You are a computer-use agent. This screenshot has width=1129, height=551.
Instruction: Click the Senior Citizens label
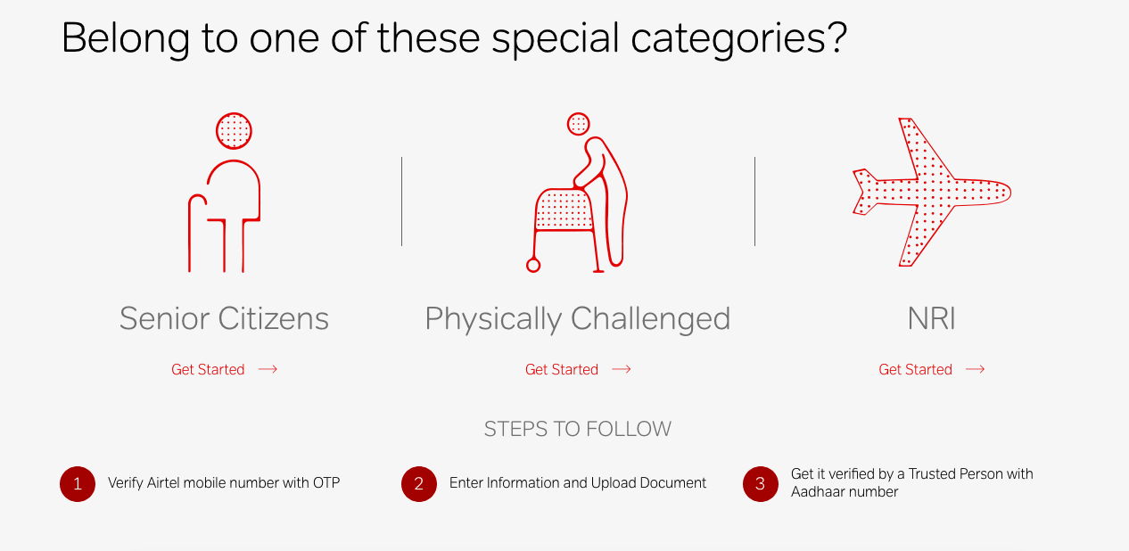coord(225,318)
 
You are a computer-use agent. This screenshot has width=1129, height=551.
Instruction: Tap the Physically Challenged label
coord(578,319)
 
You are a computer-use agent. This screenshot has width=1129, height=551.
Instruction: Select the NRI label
coord(931,318)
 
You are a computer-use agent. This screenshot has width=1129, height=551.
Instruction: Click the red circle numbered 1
coord(78,484)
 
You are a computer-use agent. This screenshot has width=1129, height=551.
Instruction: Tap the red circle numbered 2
coord(419,484)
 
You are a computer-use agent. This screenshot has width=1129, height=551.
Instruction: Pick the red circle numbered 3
coord(761,484)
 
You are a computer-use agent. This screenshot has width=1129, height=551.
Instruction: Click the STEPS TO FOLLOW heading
coord(578,429)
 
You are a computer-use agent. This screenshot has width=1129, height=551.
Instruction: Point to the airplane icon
coord(931,192)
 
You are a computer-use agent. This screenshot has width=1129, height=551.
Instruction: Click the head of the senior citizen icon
coord(234,131)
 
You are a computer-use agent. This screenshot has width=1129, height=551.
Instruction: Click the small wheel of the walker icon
coord(533,265)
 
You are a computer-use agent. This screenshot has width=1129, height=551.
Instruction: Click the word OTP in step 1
coord(326,483)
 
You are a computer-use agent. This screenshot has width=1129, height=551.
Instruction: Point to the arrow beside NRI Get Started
coord(976,369)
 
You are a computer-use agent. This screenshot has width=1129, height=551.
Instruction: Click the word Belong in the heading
coord(126,39)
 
